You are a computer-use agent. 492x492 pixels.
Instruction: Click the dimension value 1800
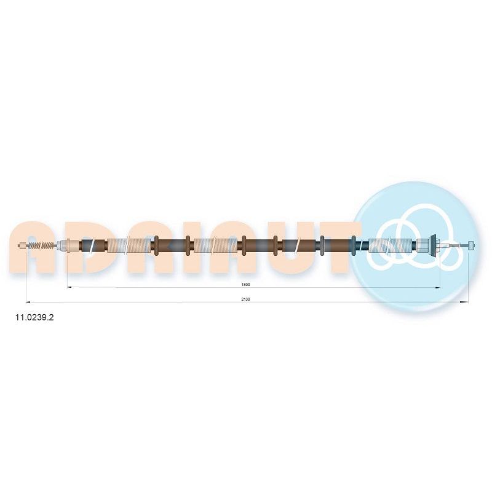point(245,284)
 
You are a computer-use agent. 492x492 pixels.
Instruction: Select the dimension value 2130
point(245,299)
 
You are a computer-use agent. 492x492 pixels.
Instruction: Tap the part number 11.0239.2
point(34,317)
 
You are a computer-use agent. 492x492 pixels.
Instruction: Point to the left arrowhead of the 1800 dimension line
point(70,287)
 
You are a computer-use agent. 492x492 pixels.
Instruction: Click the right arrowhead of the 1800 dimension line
point(437,287)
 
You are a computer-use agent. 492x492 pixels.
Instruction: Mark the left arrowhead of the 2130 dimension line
point(28,302)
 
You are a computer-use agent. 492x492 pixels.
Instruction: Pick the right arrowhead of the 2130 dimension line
point(466,302)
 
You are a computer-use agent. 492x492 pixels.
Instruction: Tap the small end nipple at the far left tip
point(22,245)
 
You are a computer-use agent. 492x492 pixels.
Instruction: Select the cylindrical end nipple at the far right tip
point(471,245)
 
